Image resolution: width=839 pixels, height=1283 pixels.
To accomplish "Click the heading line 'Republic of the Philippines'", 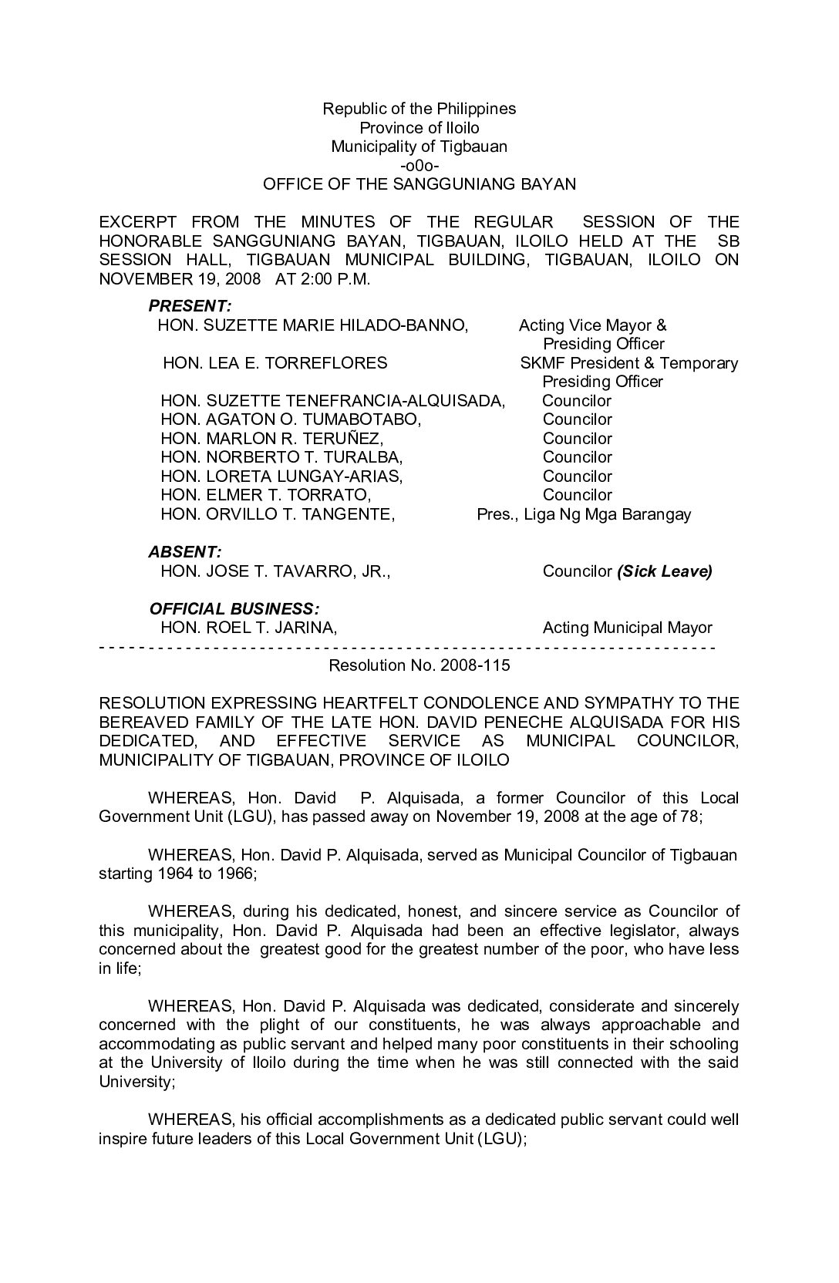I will (x=419, y=109).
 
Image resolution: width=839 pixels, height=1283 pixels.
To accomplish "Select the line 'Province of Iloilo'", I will (x=419, y=128).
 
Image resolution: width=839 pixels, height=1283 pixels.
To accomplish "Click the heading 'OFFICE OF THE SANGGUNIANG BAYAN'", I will (x=419, y=184).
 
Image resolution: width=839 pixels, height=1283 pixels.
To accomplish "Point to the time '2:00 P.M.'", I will (x=337, y=279).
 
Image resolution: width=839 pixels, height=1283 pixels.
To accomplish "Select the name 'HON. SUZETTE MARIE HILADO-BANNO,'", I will (x=312, y=325).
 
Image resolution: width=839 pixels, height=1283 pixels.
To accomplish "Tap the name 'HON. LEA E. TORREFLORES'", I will (x=275, y=363).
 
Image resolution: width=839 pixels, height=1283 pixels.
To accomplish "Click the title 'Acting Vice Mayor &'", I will (x=592, y=325).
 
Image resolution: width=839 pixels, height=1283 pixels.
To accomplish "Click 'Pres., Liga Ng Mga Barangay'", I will (x=584, y=514).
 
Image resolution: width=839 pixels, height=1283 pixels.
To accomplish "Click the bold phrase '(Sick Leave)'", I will (x=664, y=571).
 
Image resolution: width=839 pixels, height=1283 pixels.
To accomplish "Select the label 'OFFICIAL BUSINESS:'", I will (x=234, y=609).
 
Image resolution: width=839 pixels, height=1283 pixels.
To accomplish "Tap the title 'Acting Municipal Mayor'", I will (x=627, y=628).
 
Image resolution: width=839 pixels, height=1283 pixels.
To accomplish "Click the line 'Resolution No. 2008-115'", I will (x=419, y=665).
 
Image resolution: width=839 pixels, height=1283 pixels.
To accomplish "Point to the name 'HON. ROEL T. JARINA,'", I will (x=248, y=628).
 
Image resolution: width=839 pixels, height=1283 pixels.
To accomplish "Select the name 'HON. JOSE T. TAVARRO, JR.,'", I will (x=275, y=571).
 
